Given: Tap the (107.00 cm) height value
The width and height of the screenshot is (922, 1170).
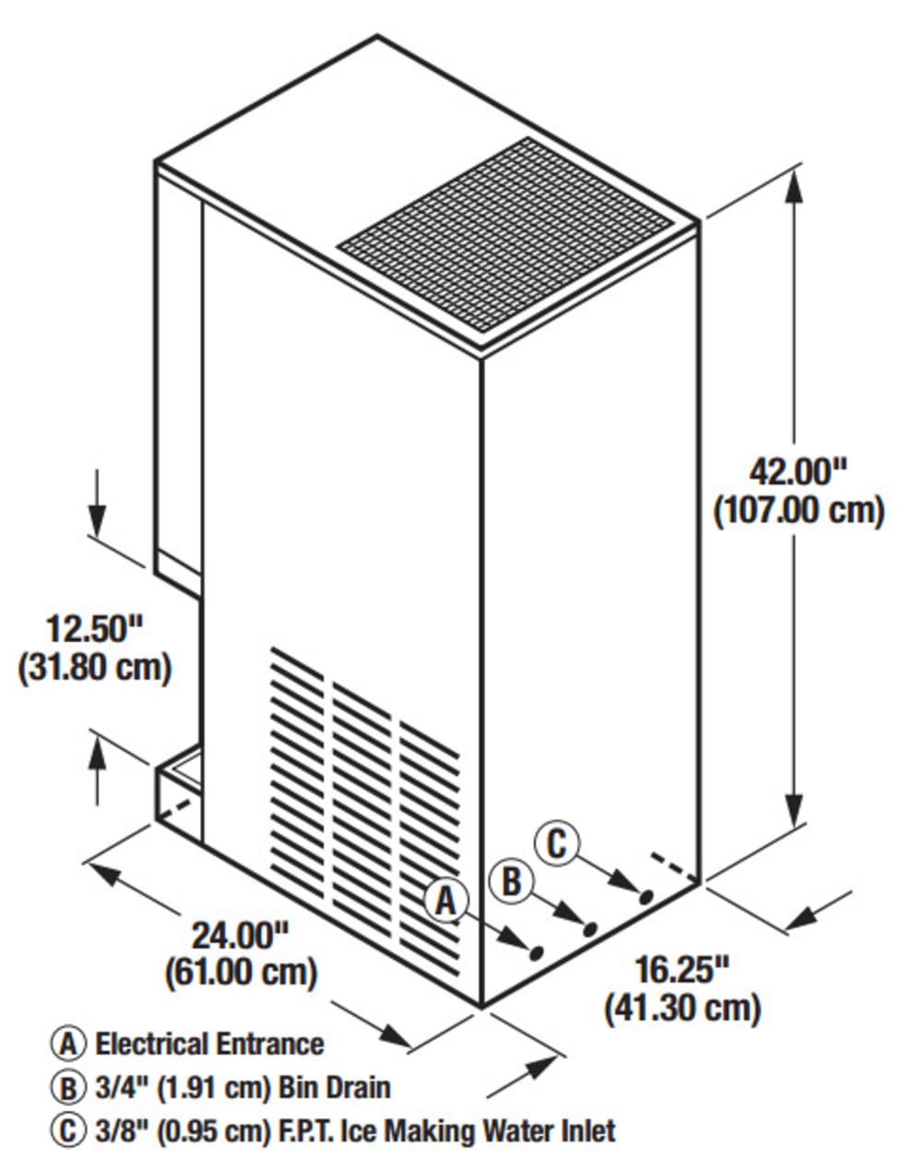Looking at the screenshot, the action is pyautogui.click(x=799, y=511).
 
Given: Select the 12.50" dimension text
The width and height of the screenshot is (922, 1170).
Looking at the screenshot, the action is pyautogui.click(x=94, y=629).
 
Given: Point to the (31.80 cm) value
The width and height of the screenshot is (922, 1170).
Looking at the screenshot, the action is pyautogui.click(x=95, y=668).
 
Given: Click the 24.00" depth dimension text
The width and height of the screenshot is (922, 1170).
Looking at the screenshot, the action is pyautogui.click(x=241, y=935).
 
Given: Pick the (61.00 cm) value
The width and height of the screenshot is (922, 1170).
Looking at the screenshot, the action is pyautogui.click(x=241, y=974).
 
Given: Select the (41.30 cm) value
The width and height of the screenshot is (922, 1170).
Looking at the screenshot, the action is pyautogui.click(x=683, y=1010).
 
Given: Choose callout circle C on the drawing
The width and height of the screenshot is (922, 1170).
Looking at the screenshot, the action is pyautogui.click(x=557, y=845).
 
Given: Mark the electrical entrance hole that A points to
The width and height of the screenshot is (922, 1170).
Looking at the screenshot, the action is pyautogui.click(x=536, y=953).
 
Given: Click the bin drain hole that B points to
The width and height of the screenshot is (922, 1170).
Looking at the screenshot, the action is pyautogui.click(x=589, y=929).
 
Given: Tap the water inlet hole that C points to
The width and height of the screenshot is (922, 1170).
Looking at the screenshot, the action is pyautogui.click(x=645, y=897).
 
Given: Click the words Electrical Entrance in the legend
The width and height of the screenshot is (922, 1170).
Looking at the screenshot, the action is pyautogui.click(x=209, y=1044).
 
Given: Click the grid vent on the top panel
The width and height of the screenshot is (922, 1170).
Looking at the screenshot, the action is pyautogui.click(x=504, y=235).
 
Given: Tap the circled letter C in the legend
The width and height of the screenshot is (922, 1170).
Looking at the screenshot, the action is pyautogui.click(x=68, y=1132).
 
